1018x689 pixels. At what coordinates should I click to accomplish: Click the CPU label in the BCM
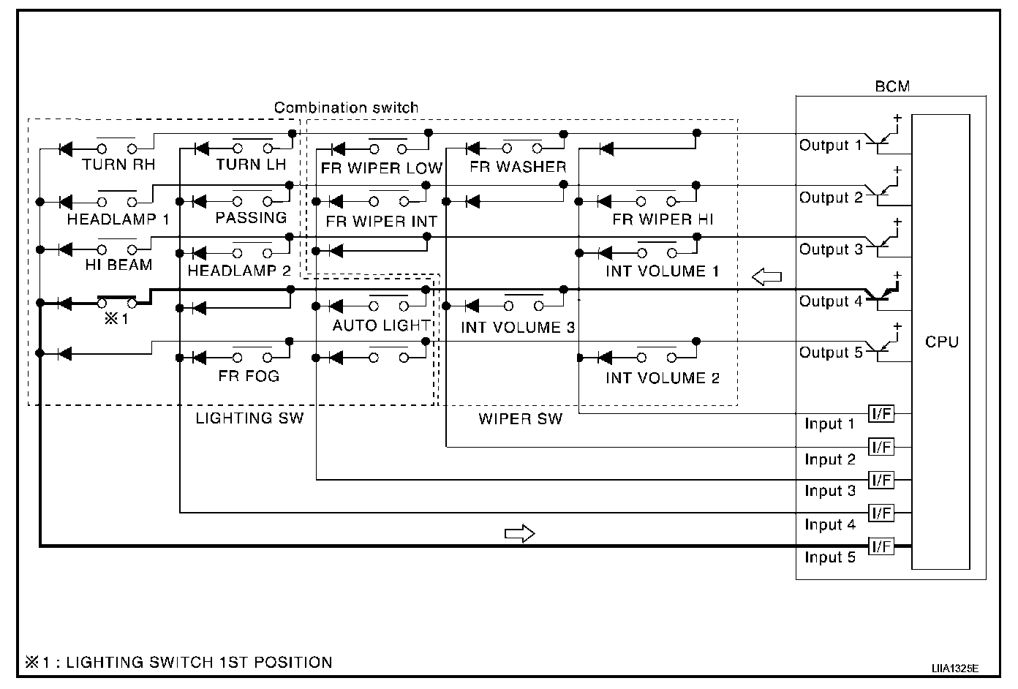pyautogui.click(x=941, y=342)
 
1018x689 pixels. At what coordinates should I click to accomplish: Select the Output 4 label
pyautogui.click(x=830, y=301)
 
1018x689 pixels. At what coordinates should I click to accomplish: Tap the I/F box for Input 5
pyautogui.click(x=881, y=546)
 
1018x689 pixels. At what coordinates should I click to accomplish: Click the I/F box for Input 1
pyautogui.click(x=881, y=413)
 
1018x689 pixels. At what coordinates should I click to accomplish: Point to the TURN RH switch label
pyautogui.click(x=118, y=164)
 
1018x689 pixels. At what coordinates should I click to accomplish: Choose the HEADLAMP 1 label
pyautogui.click(x=118, y=219)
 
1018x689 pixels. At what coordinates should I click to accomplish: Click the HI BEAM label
pyautogui.click(x=118, y=265)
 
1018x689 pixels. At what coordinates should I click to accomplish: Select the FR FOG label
pyautogui.click(x=249, y=376)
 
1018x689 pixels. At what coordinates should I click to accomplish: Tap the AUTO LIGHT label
pyautogui.click(x=381, y=325)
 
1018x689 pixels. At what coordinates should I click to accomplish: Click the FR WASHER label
pyautogui.click(x=518, y=167)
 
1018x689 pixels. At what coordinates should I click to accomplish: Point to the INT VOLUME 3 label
pyautogui.click(x=518, y=327)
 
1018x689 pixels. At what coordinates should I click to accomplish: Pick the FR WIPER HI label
pyautogui.click(x=663, y=219)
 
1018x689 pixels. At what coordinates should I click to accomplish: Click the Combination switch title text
pyautogui.click(x=346, y=108)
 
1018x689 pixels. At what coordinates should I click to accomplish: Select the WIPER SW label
pyautogui.click(x=520, y=418)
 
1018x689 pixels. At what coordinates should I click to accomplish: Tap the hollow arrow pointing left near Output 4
pyautogui.click(x=766, y=276)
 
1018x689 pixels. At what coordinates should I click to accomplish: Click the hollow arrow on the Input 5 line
pyautogui.click(x=519, y=534)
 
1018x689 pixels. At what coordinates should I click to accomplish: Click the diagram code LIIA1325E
pyautogui.click(x=954, y=669)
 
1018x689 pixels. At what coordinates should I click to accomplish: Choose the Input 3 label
pyautogui.click(x=830, y=491)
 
